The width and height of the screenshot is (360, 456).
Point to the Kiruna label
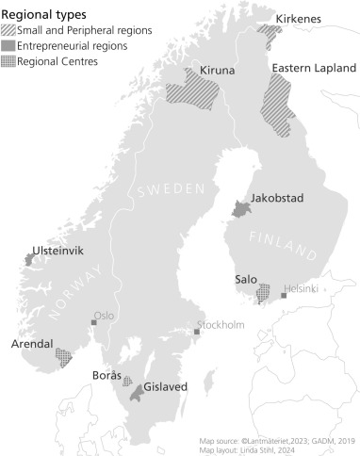tap(218, 71)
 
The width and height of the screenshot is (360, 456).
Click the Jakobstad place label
tap(277, 199)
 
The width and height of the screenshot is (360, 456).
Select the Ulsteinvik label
tap(59, 252)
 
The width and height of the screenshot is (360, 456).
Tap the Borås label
tap(106, 375)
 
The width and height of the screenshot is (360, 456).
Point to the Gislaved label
tap(165, 386)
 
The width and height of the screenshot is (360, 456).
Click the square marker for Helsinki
tap(284, 296)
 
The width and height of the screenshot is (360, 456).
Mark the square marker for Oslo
tap(93, 322)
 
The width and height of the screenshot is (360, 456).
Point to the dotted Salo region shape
tap(265, 293)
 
